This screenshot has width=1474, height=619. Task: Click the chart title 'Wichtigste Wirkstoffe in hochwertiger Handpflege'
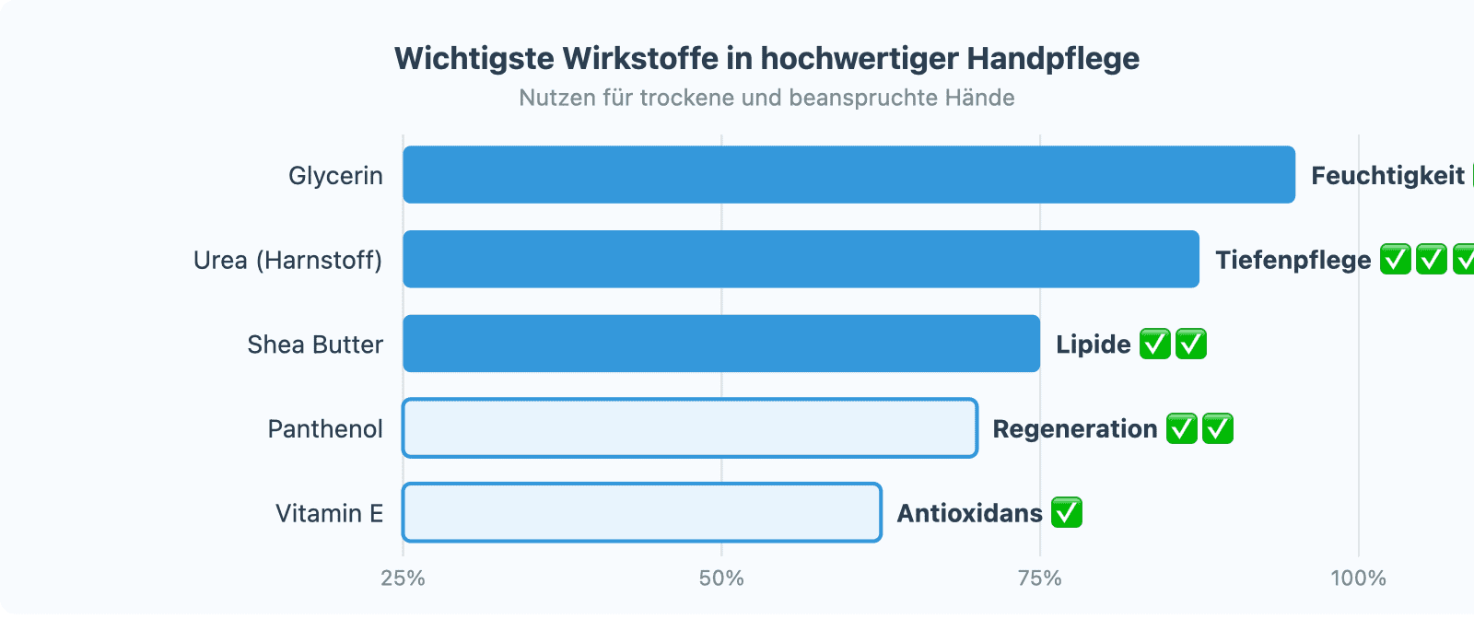[766, 59]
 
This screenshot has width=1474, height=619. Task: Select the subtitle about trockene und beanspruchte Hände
[766, 98]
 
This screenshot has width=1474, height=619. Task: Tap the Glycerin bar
[848, 175]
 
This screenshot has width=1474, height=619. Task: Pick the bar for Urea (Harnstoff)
[801, 260]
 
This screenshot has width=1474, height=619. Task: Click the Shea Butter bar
[721, 344]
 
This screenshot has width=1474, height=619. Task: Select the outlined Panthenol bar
[690, 428]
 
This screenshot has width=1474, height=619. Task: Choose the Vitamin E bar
[642, 513]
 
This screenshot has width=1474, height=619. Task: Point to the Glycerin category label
[335, 175]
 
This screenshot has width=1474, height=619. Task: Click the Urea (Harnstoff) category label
[287, 260]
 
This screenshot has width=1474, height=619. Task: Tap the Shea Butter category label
[315, 344]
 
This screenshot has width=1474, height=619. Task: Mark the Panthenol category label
[325, 428]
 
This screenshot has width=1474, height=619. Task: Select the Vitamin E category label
[329, 513]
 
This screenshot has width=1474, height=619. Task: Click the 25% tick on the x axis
[403, 578]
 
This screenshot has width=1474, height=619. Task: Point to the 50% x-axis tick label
[721, 578]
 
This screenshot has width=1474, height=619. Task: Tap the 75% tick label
[1039, 578]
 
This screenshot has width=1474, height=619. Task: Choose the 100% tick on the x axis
[1358, 578]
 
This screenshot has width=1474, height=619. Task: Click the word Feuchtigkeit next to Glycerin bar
[1387, 175]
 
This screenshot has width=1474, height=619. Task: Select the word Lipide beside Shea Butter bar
[1094, 344]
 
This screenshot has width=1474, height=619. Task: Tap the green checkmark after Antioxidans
[1067, 512]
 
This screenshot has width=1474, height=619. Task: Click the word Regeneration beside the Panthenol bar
[1075, 428]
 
